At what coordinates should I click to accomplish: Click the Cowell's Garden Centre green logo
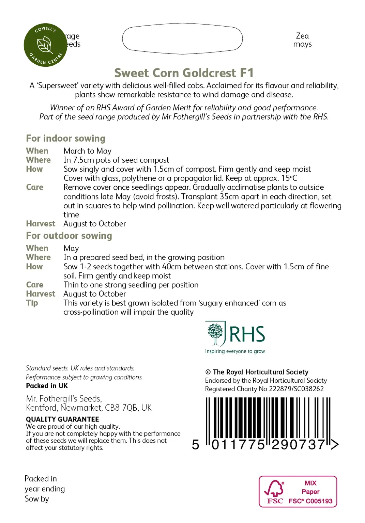(x=45, y=45)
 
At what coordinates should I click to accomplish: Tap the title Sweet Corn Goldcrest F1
(x=184, y=73)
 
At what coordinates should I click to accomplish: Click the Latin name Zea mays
(x=302, y=40)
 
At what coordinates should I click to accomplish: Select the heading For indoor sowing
(x=66, y=138)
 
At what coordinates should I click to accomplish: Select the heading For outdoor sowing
(x=69, y=236)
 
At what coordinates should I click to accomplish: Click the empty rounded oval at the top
(x=182, y=38)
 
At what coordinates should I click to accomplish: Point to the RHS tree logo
(x=215, y=333)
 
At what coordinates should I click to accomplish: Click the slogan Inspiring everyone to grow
(x=235, y=351)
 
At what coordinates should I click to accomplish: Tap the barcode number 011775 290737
(x=268, y=445)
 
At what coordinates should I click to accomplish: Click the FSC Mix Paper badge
(x=298, y=492)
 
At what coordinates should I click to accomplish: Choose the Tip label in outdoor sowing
(x=32, y=303)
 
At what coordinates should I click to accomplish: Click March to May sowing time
(x=88, y=151)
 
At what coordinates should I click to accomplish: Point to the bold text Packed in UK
(x=47, y=386)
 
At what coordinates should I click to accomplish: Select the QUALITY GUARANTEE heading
(x=62, y=419)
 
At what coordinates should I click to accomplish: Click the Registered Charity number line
(x=264, y=389)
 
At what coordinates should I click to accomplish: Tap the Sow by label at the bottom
(x=37, y=499)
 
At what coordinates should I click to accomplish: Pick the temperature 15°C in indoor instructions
(x=289, y=178)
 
